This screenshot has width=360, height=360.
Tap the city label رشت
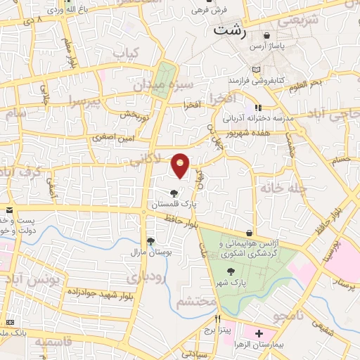(231, 30)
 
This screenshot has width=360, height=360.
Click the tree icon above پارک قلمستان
(174, 193)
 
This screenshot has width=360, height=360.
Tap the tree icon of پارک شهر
(230, 271)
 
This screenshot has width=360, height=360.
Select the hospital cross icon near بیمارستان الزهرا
(259, 333)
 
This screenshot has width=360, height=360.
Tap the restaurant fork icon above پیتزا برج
(207, 319)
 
